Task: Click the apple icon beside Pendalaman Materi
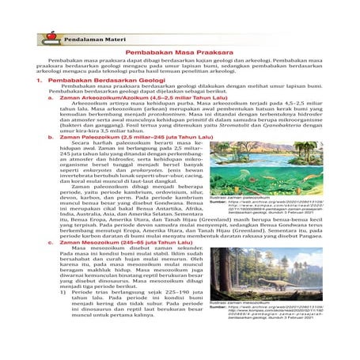point(53,35)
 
